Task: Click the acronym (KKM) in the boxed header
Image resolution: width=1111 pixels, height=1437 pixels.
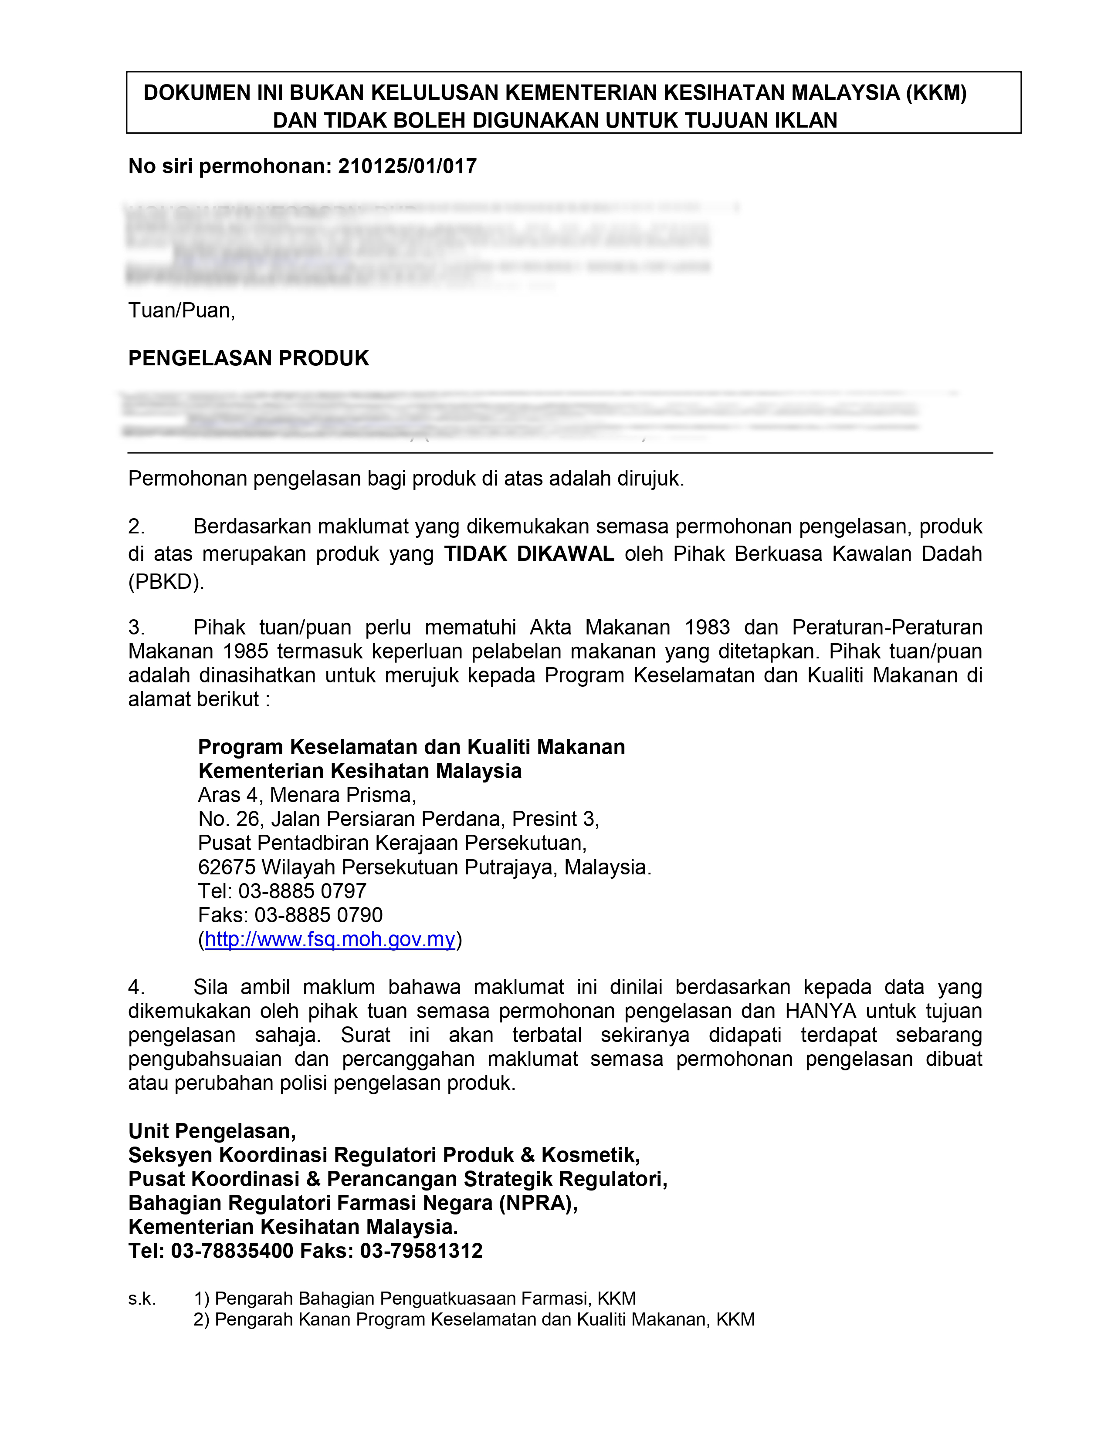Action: (936, 93)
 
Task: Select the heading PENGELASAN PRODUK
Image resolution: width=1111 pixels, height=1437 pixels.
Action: (248, 358)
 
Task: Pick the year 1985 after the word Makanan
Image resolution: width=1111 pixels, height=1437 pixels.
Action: (245, 651)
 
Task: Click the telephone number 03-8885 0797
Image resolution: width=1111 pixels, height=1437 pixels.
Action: (302, 891)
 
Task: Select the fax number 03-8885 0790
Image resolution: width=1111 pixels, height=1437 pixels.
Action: (318, 915)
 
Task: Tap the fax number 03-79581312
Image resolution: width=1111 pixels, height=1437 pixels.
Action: (421, 1251)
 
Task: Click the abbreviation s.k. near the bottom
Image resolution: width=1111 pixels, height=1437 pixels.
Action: (142, 1299)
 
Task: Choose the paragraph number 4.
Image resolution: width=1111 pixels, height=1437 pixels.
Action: (136, 987)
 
